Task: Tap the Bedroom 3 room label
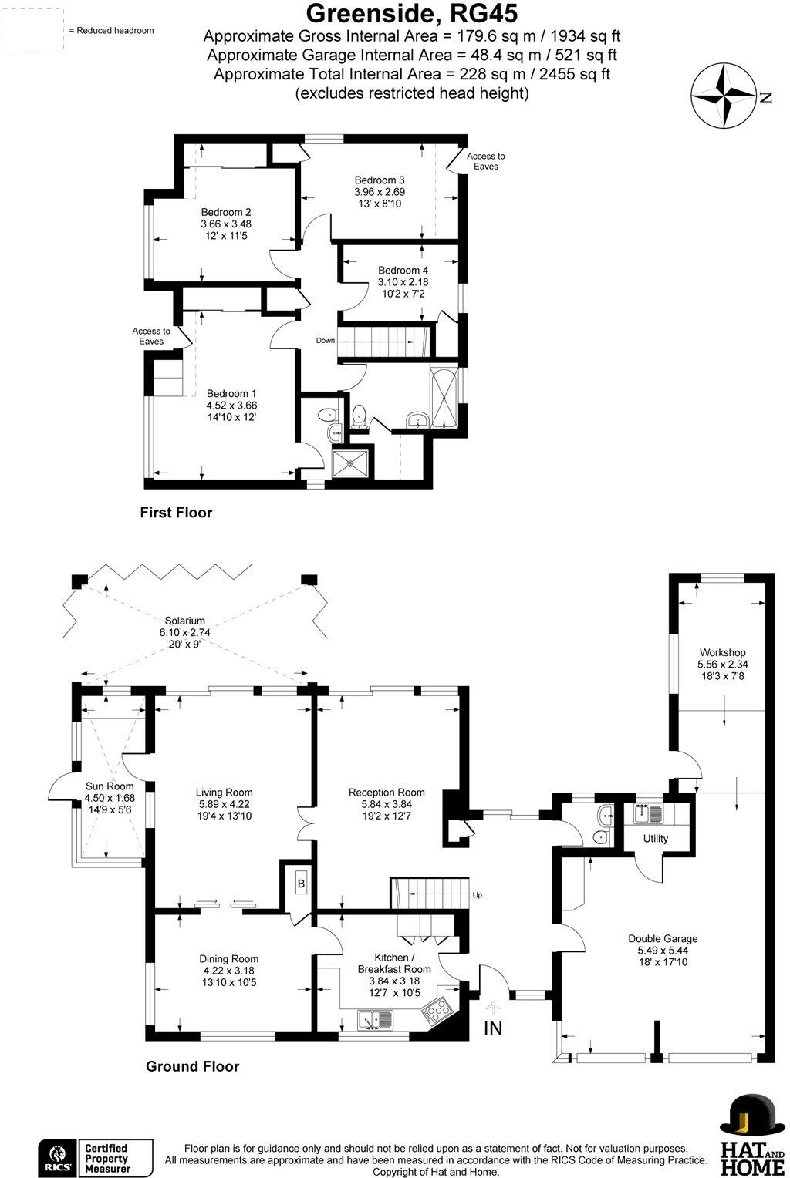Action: (x=380, y=180)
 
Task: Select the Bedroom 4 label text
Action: (x=403, y=271)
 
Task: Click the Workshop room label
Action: (x=722, y=653)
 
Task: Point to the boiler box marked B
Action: (x=302, y=883)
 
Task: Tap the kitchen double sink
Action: (x=375, y=1020)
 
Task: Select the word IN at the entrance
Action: (x=493, y=1028)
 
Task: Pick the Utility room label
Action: (x=656, y=839)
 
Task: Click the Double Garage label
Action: (x=663, y=938)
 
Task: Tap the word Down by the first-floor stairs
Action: (x=325, y=340)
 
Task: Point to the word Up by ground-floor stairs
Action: (x=478, y=895)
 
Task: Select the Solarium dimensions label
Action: (x=184, y=632)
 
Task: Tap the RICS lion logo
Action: (x=57, y=1157)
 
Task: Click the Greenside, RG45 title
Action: (x=412, y=14)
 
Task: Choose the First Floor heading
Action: (x=176, y=513)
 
